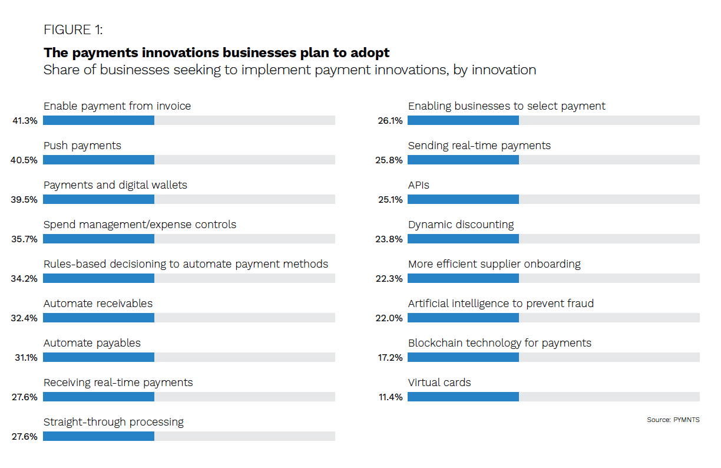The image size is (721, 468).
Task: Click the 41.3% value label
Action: click(25, 121)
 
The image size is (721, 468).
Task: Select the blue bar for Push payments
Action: click(98, 160)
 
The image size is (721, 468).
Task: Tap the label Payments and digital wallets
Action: click(115, 185)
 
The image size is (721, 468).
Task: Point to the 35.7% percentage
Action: click(25, 239)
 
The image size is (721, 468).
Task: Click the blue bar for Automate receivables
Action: click(98, 318)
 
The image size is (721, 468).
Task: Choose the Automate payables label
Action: click(92, 343)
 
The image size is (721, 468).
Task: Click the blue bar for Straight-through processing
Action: click(98, 436)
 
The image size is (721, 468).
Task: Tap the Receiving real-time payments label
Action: click(118, 383)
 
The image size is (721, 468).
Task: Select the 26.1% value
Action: click(390, 121)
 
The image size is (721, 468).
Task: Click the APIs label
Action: click(419, 185)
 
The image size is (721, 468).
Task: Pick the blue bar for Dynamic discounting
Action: click(463, 239)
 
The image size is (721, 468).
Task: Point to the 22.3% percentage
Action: click(390, 279)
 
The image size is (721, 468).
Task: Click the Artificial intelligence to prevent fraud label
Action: click(501, 304)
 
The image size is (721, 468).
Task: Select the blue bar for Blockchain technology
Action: click(463, 357)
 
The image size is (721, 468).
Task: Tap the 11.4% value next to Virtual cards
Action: click(390, 397)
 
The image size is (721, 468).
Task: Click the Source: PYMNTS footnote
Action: click(673, 420)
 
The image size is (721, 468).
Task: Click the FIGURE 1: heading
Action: click(73, 30)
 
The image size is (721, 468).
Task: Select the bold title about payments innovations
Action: click(216, 52)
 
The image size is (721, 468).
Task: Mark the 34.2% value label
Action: click(25, 279)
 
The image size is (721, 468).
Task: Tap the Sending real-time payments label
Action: click(479, 146)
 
